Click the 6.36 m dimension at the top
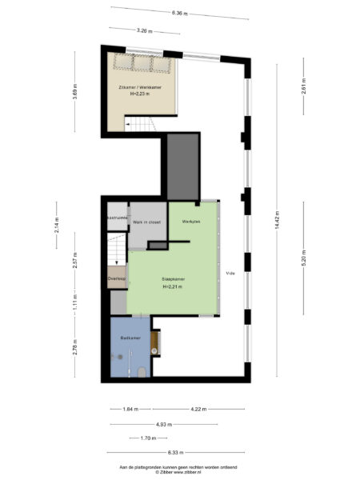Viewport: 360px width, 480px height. point(180,13)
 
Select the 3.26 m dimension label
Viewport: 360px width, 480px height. point(144,30)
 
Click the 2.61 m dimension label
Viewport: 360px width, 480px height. point(304,89)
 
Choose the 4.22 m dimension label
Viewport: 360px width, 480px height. point(198,409)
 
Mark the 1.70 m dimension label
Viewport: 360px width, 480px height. point(147,438)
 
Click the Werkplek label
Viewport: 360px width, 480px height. point(190,221)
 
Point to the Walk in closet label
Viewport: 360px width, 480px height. point(147,222)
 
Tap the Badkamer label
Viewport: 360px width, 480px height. point(130,339)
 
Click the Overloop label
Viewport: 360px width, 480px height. point(116,279)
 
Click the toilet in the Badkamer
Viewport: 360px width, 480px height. point(141,370)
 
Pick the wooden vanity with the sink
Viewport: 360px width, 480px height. point(156,342)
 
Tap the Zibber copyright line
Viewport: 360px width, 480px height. point(180,472)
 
